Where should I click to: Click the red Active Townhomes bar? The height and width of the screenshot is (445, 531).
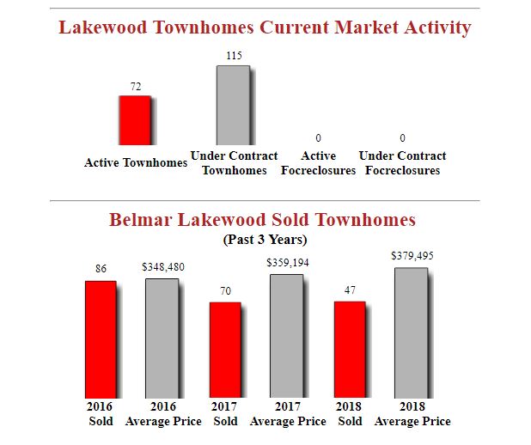pos(135,119)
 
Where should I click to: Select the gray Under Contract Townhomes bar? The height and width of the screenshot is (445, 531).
pos(233,105)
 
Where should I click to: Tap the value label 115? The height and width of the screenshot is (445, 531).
pos(234,56)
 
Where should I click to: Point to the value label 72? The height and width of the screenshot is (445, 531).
pos(136,86)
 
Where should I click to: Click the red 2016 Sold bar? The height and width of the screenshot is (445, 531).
pos(101,338)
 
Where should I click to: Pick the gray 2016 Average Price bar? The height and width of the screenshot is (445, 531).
pos(162,338)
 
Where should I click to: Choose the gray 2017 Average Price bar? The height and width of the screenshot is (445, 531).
pos(287,335)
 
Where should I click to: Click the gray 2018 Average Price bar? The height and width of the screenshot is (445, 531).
pos(412,332)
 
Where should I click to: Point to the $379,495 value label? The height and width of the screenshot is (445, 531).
pos(412,256)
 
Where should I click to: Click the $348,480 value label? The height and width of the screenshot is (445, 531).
pos(163,267)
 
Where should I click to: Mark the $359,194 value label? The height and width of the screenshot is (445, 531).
pos(288,262)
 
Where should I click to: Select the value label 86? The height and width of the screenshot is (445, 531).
pos(101,269)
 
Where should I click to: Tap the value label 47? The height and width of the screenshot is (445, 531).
pos(350,290)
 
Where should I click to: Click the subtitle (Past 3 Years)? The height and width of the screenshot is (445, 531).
pos(265,240)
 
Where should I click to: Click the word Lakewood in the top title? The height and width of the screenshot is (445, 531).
pos(103,27)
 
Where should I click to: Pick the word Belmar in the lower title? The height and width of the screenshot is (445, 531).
pos(140,220)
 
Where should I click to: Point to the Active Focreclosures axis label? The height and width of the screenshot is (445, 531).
pos(319,163)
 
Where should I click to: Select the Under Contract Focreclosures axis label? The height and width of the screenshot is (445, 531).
pos(402,163)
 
